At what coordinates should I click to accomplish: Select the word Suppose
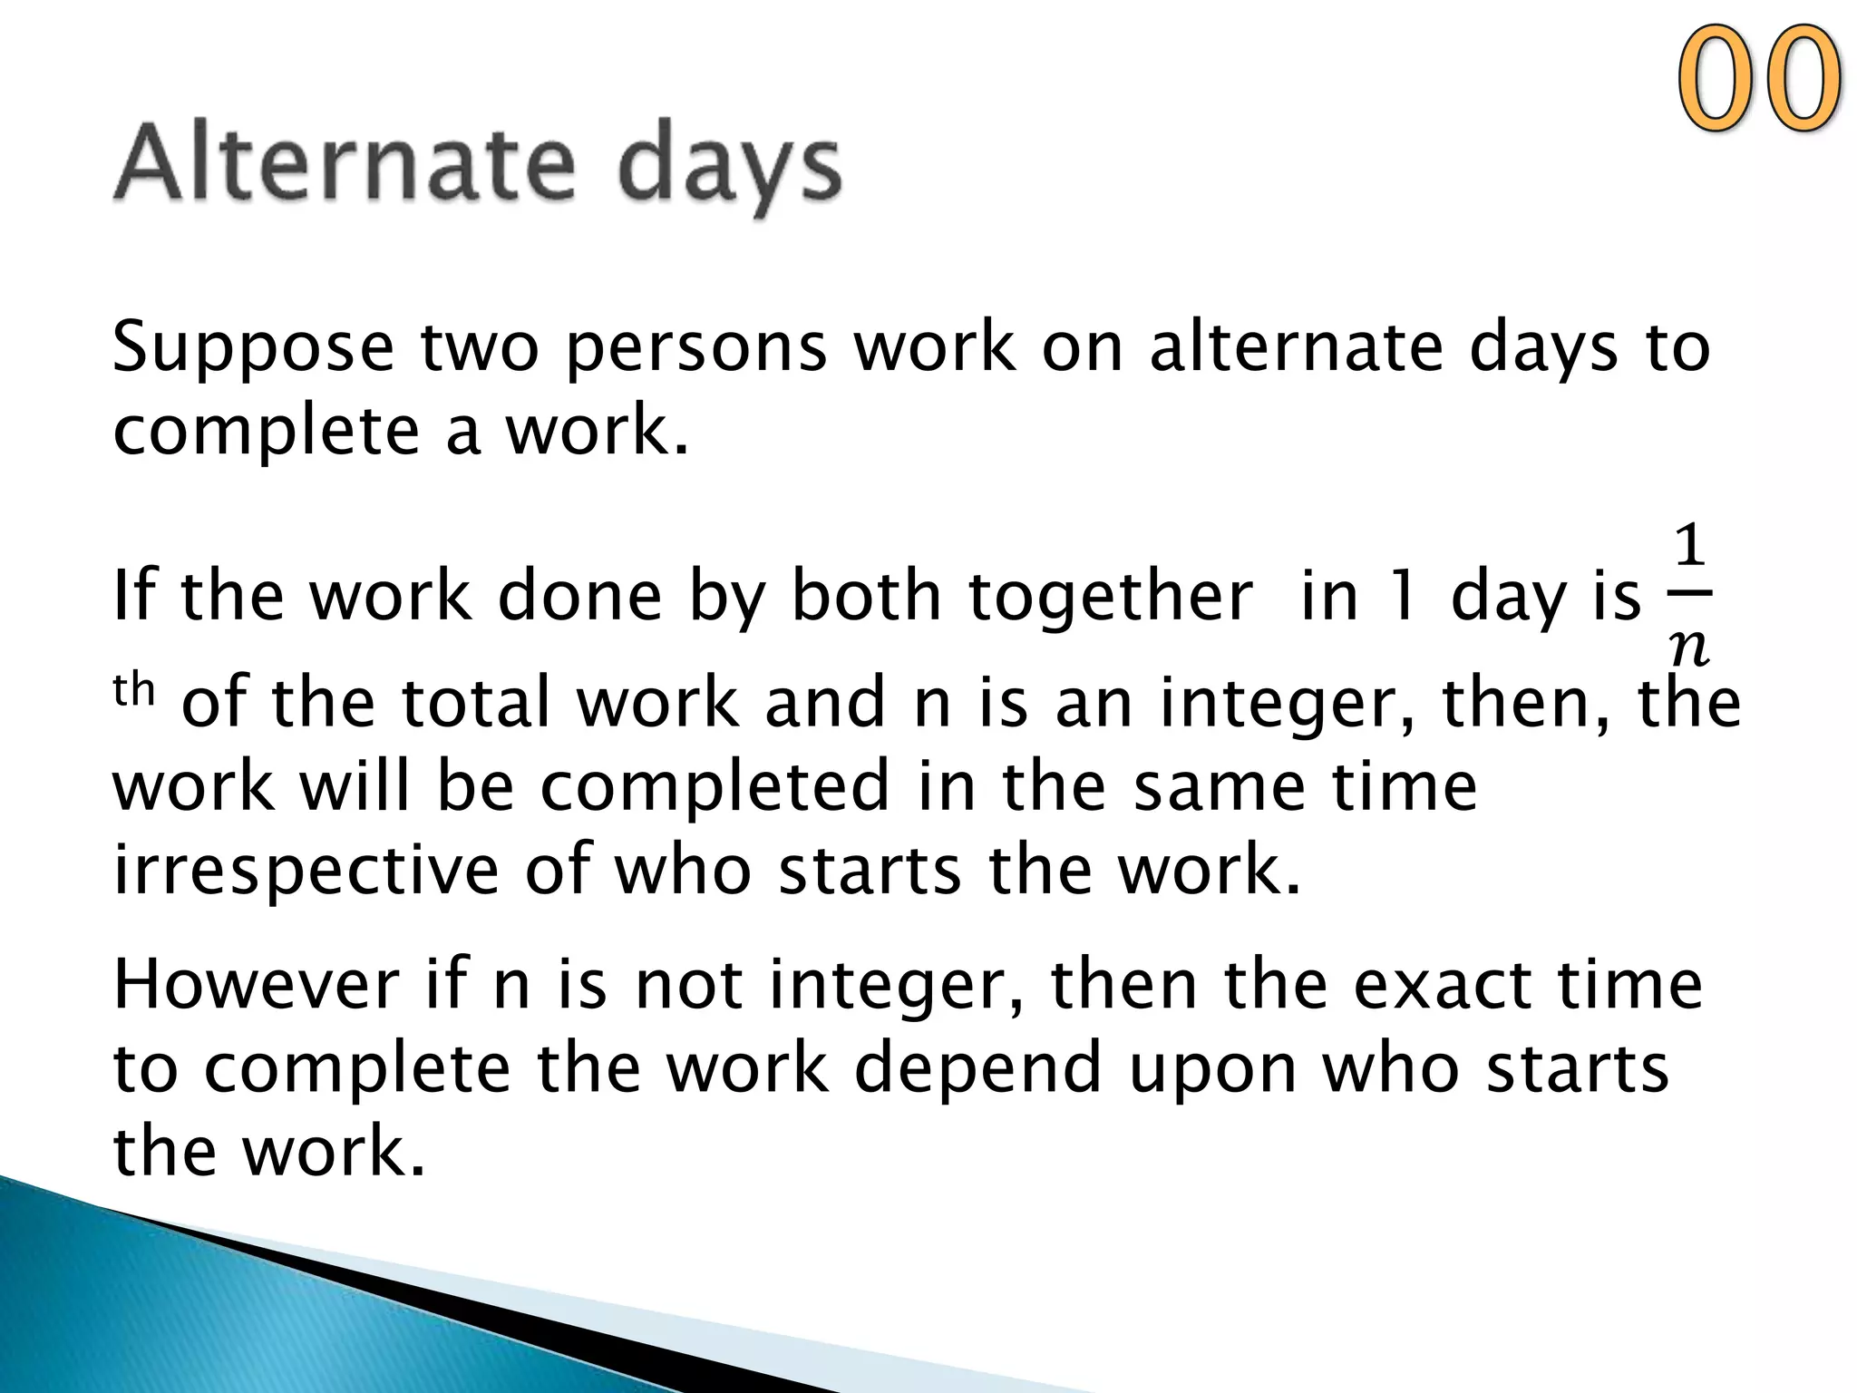click(253, 349)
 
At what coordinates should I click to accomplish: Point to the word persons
click(695, 349)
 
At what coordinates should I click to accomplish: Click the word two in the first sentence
click(480, 349)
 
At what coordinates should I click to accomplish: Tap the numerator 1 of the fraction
click(1688, 547)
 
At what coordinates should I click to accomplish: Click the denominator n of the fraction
click(1688, 647)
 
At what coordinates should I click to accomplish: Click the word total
click(477, 702)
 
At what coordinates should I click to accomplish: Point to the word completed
click(715, 786)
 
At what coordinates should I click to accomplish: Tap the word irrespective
click(306, 870)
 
